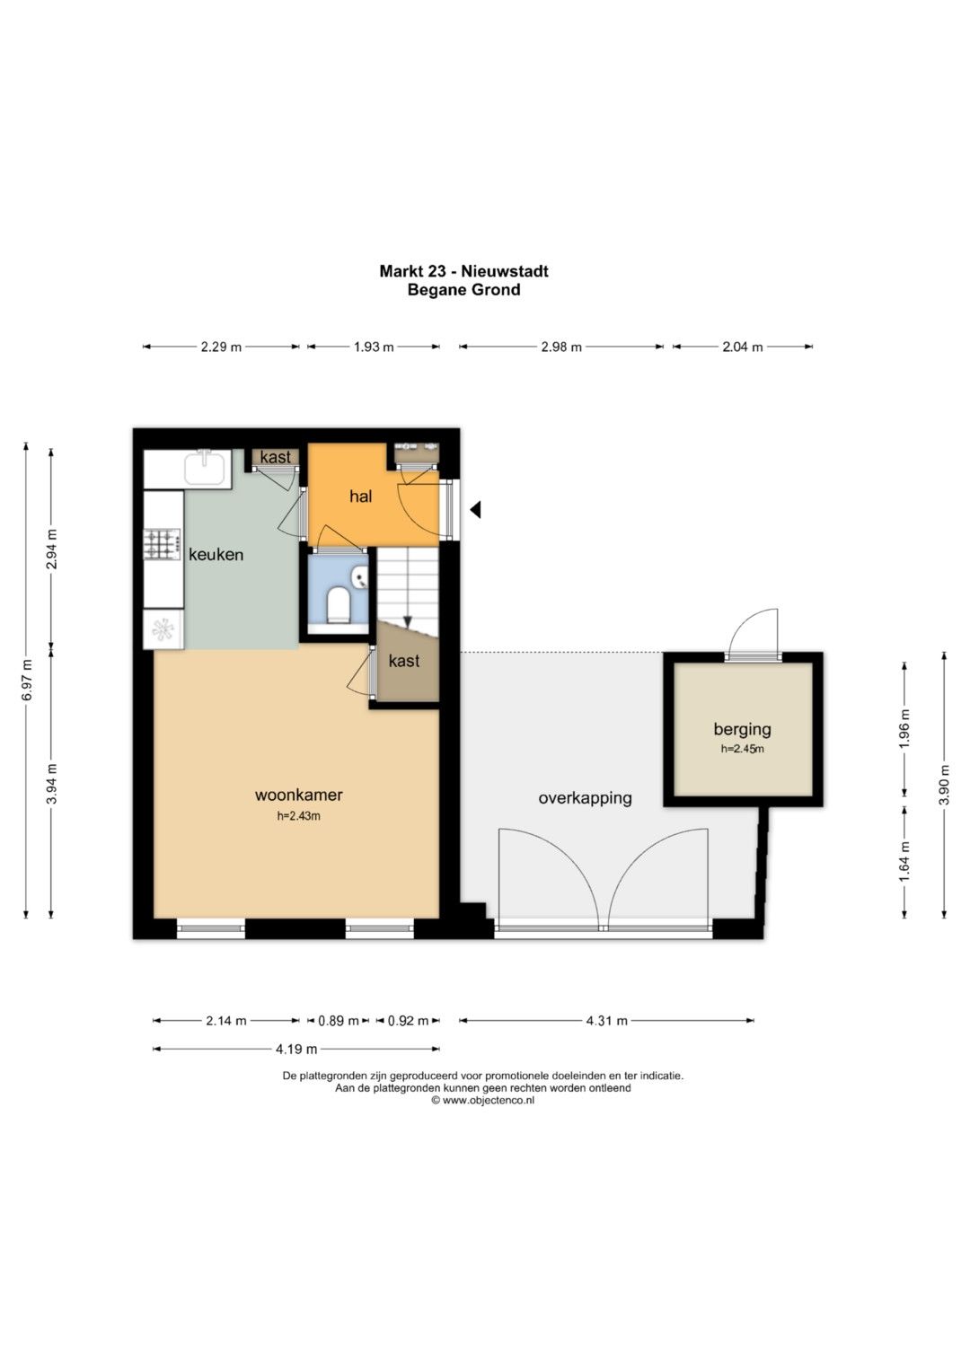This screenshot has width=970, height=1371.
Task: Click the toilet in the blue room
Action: point(338,605)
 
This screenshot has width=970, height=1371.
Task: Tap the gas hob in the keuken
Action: point(163,544)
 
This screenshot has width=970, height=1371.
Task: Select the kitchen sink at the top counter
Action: point(207,466)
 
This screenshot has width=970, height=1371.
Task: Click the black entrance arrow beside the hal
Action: point(475,509)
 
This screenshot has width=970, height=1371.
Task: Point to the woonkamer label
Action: point(299,795)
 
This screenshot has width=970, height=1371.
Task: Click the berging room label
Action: point(742,729)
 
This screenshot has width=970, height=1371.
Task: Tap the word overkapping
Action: point(585,798)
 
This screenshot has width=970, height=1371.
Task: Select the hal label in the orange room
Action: point(361,497)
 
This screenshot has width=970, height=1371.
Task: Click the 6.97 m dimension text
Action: point(26,681)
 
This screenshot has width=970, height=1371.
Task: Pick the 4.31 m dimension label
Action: point(607,1020)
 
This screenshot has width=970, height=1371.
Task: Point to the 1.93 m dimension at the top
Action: point(374,347)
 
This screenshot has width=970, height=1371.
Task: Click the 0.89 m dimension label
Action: point(339,1020)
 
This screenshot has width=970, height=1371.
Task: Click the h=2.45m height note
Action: point(742,748)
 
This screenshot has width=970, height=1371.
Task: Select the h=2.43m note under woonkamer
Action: point(299,815)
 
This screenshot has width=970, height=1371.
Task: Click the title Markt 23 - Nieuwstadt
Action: point(463,270)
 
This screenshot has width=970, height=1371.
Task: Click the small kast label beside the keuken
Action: point(276,457)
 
